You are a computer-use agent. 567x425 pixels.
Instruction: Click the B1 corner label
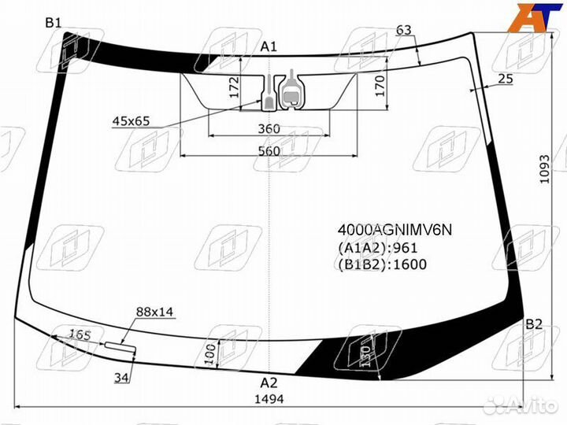(54, 23)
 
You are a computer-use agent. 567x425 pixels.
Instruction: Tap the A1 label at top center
(269, 46)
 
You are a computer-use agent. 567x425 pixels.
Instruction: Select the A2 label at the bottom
(269, 383)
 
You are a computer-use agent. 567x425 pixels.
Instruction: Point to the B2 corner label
(534, 324)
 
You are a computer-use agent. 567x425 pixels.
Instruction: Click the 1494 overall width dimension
(269, 399)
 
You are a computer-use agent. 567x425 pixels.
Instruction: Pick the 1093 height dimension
(545, 168)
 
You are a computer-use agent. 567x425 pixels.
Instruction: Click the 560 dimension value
(269, 151)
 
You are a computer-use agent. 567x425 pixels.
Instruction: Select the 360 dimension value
(269, 128)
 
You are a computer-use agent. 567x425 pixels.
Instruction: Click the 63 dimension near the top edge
(404, 30)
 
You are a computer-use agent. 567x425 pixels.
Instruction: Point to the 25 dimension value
(506, 78)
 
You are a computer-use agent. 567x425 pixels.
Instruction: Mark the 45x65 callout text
(131, 121)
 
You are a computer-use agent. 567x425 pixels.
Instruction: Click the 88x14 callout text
(155, 312)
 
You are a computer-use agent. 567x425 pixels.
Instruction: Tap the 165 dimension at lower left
(80, 334)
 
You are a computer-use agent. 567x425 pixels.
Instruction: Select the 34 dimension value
(120, 379)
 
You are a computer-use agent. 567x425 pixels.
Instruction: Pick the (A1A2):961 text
(377, 247)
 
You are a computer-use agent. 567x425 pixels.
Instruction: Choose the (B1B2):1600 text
(382, 264)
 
